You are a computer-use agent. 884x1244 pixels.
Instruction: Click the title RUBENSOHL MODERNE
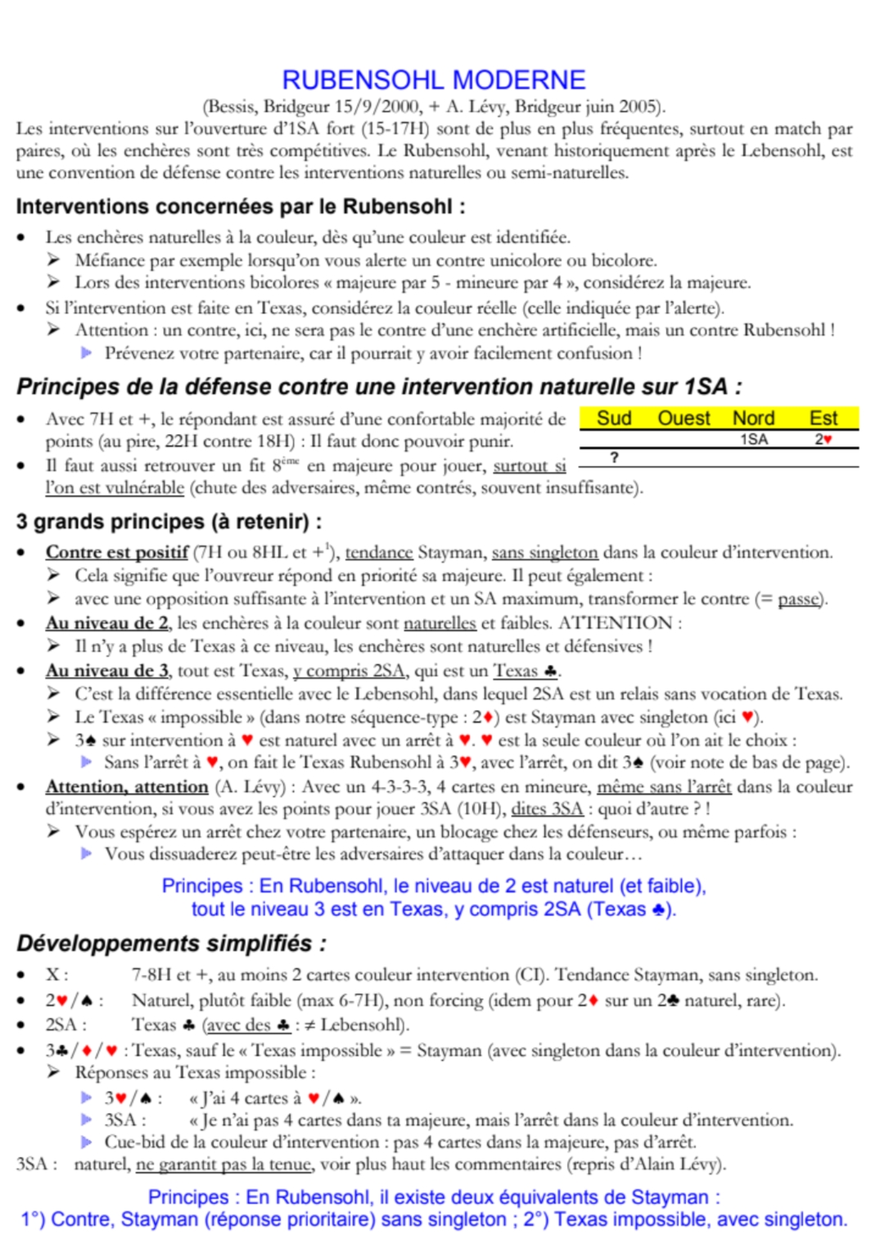point(434,79)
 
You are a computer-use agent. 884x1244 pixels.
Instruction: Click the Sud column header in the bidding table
point(614,418)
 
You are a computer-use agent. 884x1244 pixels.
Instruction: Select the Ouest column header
point(683,418)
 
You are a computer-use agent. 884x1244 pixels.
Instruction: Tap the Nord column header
point(753,418)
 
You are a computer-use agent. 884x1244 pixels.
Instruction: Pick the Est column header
point(823,418)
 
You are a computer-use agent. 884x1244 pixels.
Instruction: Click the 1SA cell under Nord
point(754,440)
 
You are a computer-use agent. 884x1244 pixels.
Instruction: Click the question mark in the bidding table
point(614,458)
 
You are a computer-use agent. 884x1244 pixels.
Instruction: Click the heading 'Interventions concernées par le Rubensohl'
point(240,206)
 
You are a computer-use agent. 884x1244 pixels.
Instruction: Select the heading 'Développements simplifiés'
point(171,943)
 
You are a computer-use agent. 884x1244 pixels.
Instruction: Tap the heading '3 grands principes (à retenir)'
point(169,522)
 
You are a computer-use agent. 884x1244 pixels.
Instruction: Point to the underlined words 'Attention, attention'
point(127,787)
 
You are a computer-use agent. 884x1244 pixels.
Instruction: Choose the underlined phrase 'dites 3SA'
point(547,809)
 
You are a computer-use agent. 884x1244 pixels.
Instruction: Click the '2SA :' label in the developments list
point(65,1025)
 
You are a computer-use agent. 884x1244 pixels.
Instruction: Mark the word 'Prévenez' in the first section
point(139,354)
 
